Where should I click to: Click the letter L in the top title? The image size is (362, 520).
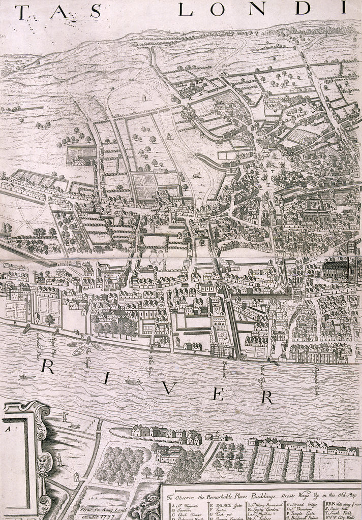(x=187, y=11)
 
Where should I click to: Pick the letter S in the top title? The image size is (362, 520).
(x=95, y=12)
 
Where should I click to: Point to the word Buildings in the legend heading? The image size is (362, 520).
(x=268, y=497)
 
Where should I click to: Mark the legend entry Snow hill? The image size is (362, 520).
(x=347, y=511)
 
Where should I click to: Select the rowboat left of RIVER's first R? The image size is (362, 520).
(x=27, y=377)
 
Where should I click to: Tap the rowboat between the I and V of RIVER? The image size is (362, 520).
(x=133, y=380)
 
